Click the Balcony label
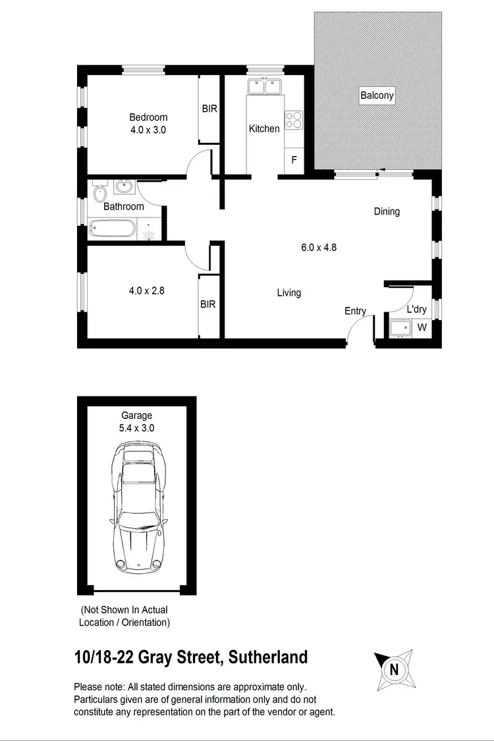pyautogui.click(x=377, y=96)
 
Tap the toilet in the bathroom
pyautogui.click(x=99, y=193)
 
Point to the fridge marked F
pyautogui.click(x=294, y=160)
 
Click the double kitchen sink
pyautogui.click(x=264, y=86)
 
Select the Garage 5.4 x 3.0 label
pyautogui.click(x=136, y=422)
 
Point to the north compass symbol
pyautogui.click(x=394, y=670)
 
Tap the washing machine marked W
pyautogui.click(x=422, y=327)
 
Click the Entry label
pyautogui.click(x=355, y=311)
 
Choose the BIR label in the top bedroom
pyautogui.click(x=209, y=109)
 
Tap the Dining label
pyautogui.click(x=387, y=211)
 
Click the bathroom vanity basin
pyautogui.click(x=123, y=188)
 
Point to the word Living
pyautogui.click(x=288, y=292)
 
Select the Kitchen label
pyautogui.click(x=264, y=128)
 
